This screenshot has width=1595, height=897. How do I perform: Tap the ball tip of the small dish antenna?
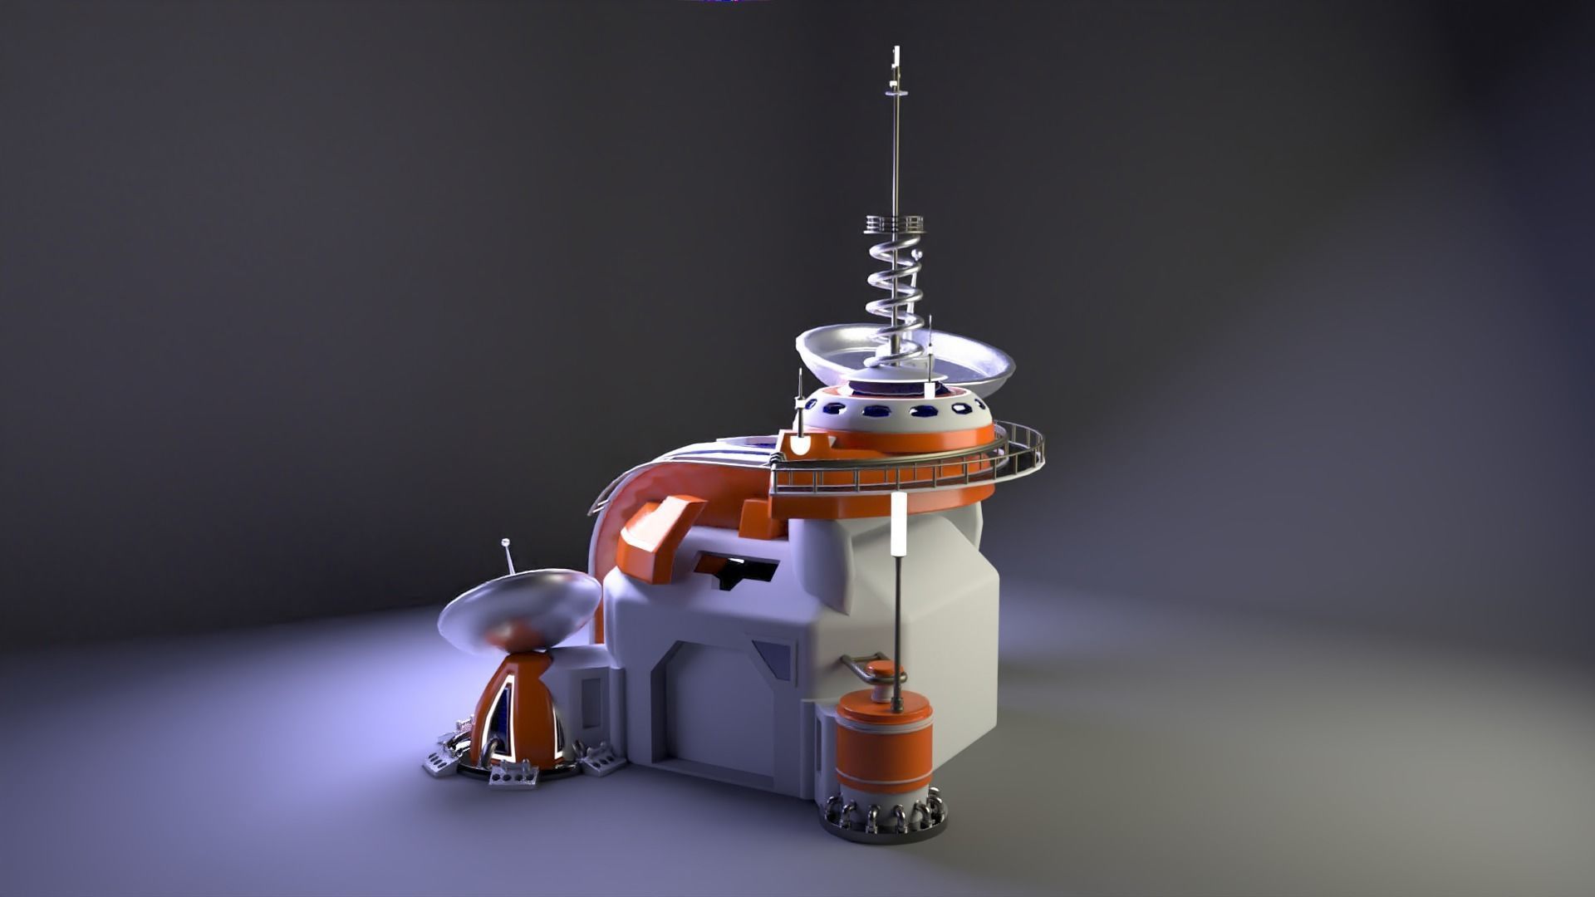(x=504, y=543)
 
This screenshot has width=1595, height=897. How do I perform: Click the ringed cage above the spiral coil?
(x=895, y=225)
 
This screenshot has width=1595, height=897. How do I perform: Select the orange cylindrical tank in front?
(x=885, y=747)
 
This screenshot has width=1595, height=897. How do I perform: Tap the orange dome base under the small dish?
(x=515, y=714)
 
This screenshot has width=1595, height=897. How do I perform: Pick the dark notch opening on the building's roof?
(x=739, y=573)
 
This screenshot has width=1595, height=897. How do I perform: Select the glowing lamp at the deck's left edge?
(x=799, y=444)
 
